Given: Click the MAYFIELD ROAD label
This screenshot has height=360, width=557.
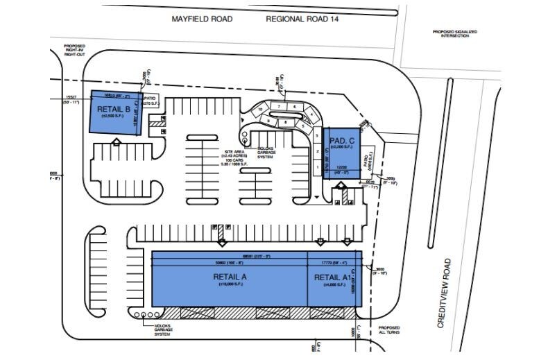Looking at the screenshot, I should pyautogui.click(x=202, y=19).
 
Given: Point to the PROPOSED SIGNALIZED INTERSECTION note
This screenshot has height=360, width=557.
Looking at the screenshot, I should pyautogui.click(x=452, y=33).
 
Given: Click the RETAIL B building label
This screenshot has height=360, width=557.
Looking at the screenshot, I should pyautogui.click(x=113, y=109).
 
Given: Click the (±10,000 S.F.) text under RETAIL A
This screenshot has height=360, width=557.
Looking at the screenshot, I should pyautogui.click(x=229, y=285).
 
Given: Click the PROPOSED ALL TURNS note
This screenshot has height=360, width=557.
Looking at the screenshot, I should pyautogui.click(x=388, y=330).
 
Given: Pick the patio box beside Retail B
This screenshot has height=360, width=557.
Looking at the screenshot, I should pyautogui.click(x=153, y=101).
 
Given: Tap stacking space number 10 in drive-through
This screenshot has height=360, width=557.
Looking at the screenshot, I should pyautogui.click(x=260, y=109).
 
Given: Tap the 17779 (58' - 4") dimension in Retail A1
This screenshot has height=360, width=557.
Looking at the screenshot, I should pyautogui.click(x=334, y=263).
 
